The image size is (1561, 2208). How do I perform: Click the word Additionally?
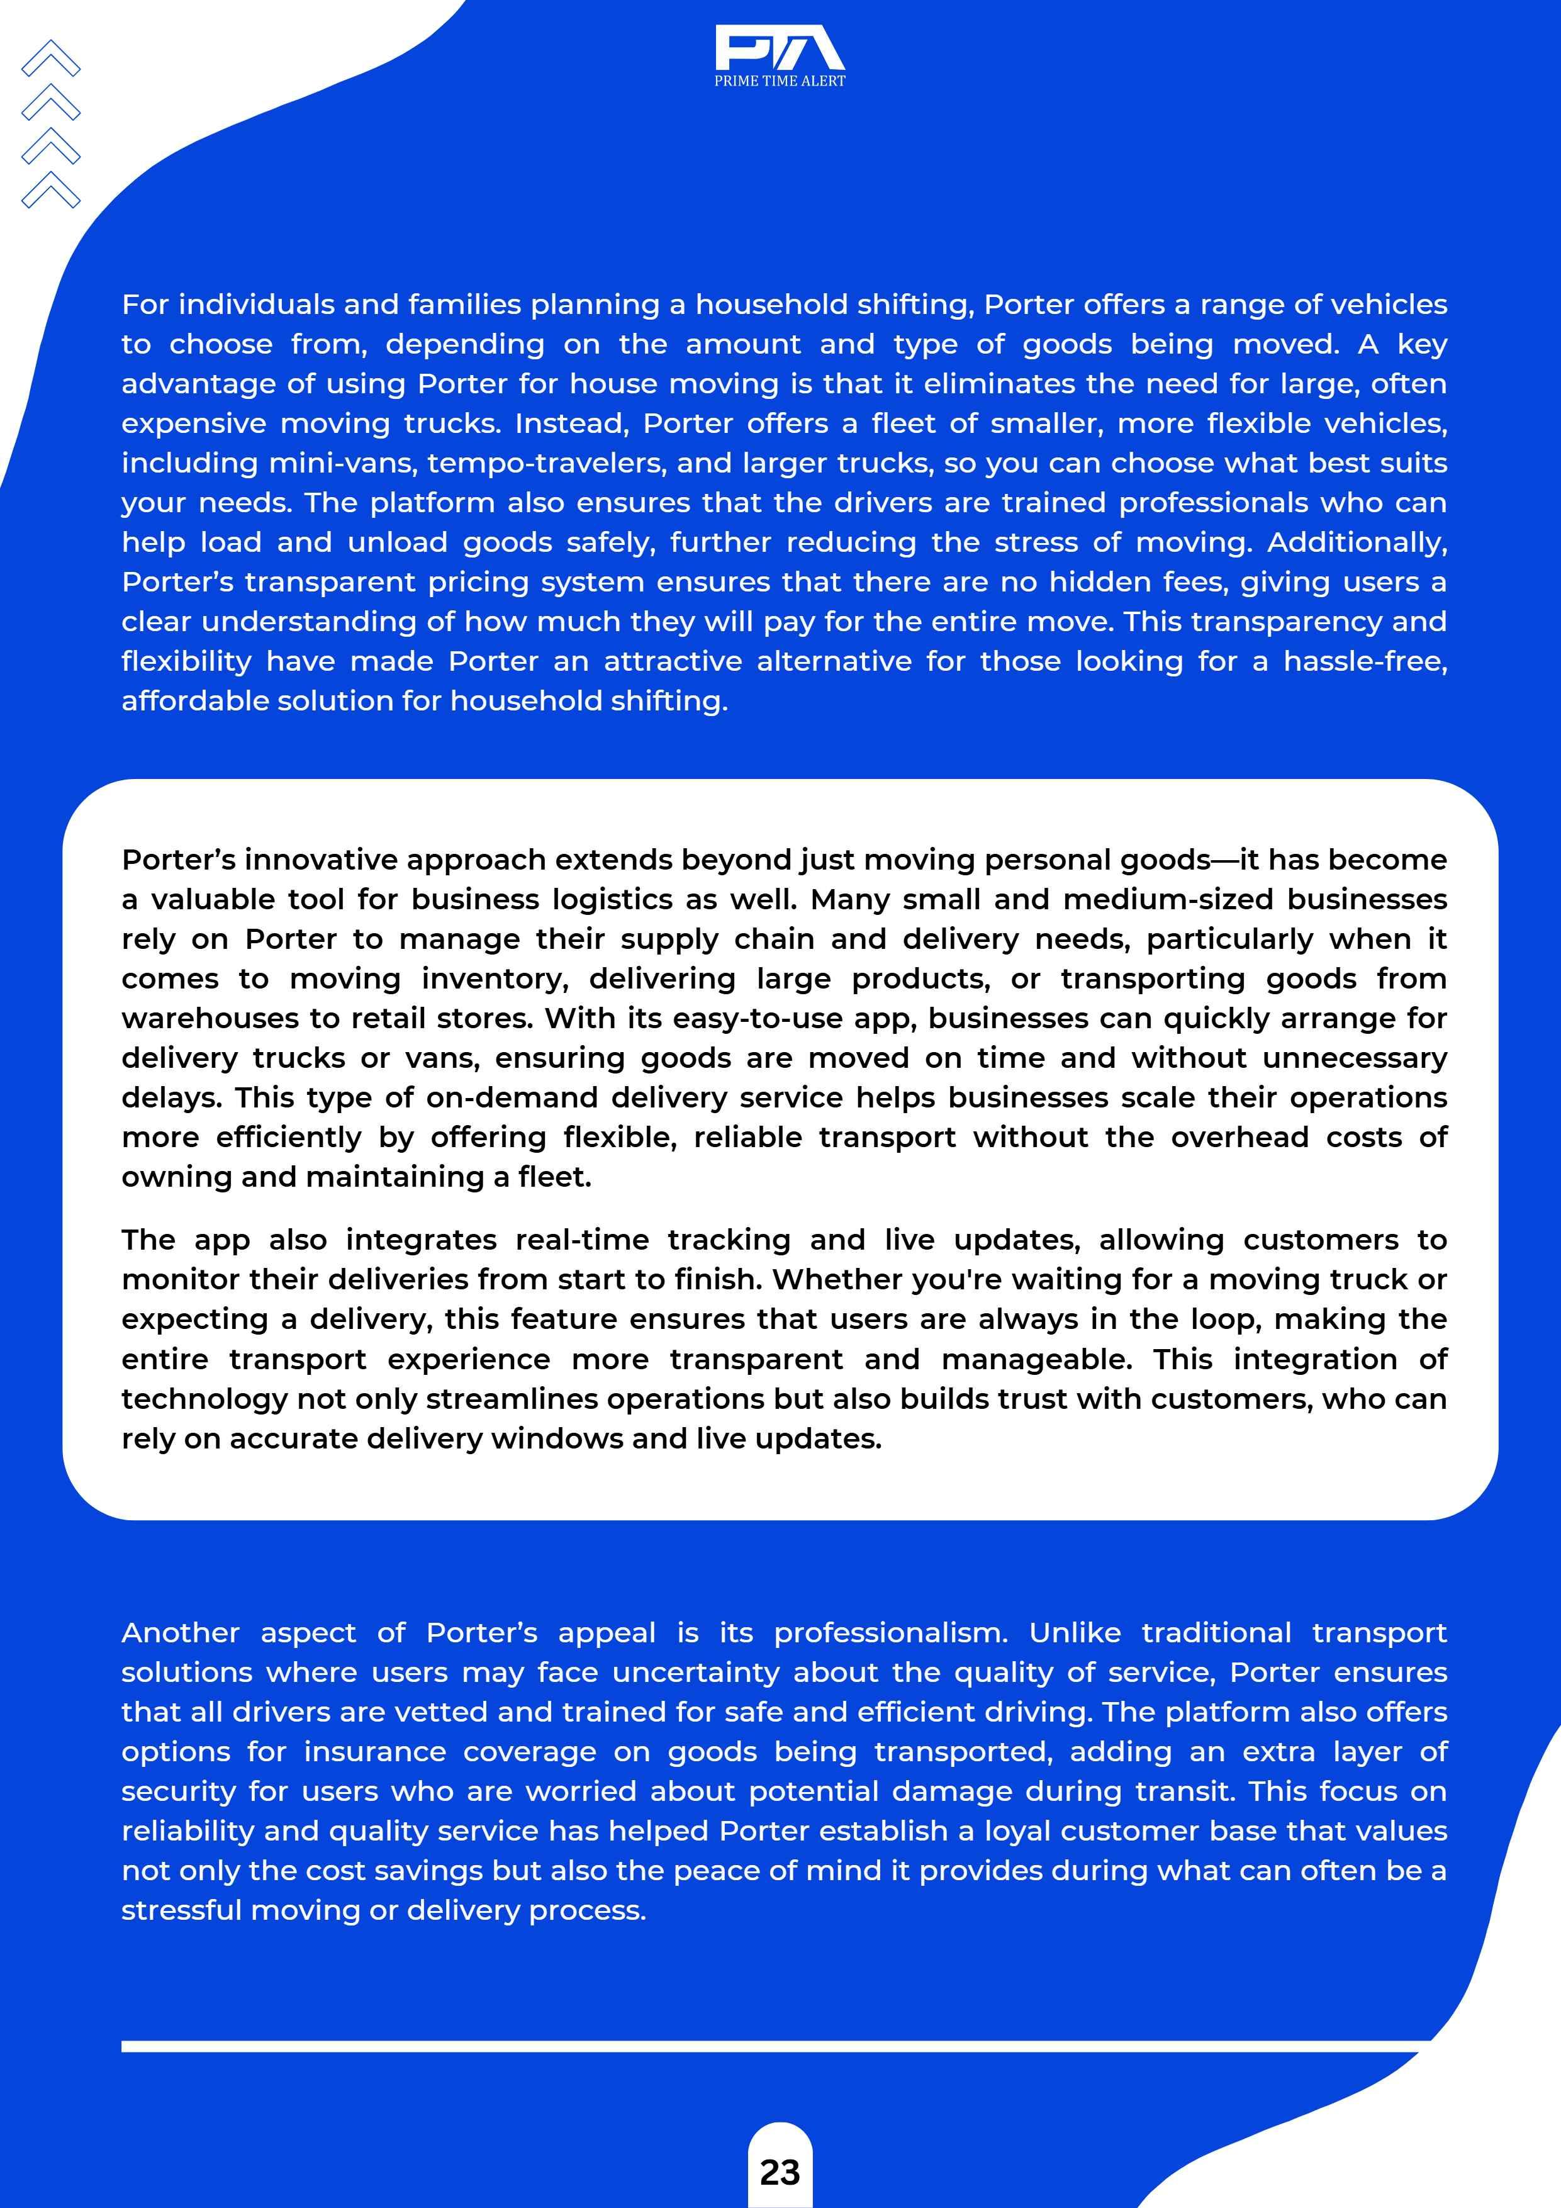click(x=1356, y=542)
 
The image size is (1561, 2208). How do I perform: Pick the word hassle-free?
click(x=1365, y=661)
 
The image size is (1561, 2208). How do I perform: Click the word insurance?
click(x=374, y=1752)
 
